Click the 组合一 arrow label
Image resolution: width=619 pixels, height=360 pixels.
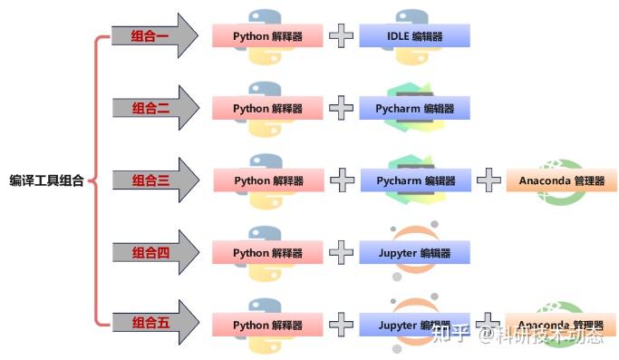pos(150,36)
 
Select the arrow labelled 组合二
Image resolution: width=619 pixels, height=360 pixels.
pos(150,108)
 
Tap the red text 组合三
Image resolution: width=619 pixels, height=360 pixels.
pos(150,180)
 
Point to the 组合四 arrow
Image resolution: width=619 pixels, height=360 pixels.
pos(150,252)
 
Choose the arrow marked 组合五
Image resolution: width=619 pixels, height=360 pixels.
pos(150,324)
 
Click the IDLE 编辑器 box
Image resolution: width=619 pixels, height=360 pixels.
pos(414,36)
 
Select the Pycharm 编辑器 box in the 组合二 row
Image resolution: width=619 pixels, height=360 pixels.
pos(414,108)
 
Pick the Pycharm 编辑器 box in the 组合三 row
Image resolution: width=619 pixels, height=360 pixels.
pos(416,180)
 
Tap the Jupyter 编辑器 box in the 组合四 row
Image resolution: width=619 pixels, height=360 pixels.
pos(414,252)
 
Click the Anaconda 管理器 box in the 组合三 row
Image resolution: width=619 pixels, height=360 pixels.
pos(562,180)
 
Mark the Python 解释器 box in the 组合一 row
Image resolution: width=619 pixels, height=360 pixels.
pos(267,36)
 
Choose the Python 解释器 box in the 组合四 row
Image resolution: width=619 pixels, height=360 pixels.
pos(267,252)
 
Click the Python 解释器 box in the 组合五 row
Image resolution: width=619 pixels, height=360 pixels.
pos(267,324)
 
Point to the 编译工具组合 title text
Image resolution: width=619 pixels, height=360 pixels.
pos(47,180)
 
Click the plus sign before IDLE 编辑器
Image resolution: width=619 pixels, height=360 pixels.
pos(341,36)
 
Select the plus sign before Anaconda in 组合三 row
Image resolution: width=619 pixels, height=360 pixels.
pos(488,180)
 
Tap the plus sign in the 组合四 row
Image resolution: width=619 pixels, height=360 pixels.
pos(341,252)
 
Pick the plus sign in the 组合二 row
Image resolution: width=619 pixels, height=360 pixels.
pos(341,108)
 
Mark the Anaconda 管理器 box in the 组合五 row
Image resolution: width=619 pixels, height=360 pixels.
pos(562,324)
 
